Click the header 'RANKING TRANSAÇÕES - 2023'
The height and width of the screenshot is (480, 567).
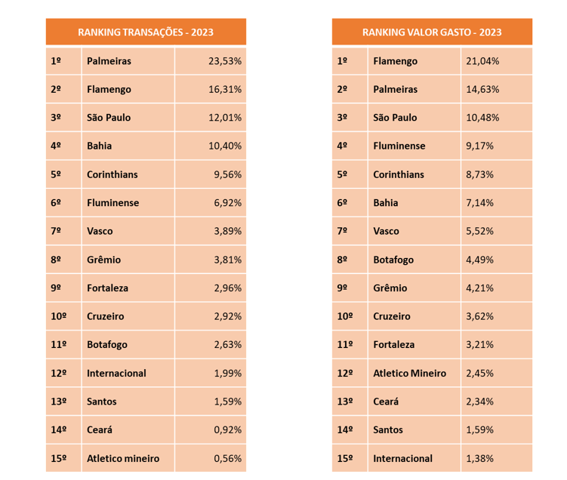pos(146,32)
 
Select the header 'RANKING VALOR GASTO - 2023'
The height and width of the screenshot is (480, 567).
pos(432,32)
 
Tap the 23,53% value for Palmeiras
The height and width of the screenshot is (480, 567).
pos(225,61)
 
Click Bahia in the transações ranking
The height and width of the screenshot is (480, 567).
pos(100,146)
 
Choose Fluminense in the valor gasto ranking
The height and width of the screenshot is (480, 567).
pos(399,146)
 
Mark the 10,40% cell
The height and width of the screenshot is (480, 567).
pos(225,146)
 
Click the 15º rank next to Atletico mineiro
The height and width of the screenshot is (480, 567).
pos(59,459)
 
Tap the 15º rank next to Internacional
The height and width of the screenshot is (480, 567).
pos(345,459)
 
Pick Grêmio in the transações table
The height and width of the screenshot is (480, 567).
pos(103,260)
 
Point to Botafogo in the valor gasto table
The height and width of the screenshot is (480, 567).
pos(393,260)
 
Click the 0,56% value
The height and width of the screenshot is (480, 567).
pos(227,459)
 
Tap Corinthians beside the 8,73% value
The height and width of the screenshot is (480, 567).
pos(398,174)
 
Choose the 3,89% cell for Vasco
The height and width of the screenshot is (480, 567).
pos(227,231)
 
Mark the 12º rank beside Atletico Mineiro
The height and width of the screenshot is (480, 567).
pos(345,374)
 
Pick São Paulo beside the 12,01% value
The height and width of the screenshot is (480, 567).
pos(109,118)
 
